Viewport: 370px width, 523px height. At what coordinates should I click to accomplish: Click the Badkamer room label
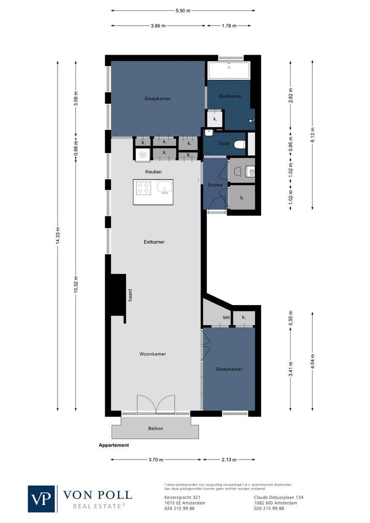(230, 96)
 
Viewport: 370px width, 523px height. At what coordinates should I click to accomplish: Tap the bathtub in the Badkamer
(229, 71)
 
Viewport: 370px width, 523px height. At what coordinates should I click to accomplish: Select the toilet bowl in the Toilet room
(239, 144)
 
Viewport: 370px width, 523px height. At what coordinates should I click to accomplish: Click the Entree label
(215, 185)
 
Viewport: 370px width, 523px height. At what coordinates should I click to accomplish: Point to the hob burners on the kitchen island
(143, 187)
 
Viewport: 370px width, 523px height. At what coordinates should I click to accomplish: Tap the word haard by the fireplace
(130, 295)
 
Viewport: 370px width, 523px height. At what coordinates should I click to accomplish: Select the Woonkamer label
(153, 354)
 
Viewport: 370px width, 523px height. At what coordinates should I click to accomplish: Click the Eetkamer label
(154, 242)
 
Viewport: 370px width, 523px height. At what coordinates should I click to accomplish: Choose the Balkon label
(155, 429)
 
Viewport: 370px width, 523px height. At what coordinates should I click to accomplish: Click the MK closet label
(226, 318)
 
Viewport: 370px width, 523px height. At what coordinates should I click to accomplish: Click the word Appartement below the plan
(114, 445)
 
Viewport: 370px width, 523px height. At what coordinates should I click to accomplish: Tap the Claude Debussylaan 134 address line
(278, 497)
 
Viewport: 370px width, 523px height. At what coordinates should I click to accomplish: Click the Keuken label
(153, 172)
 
